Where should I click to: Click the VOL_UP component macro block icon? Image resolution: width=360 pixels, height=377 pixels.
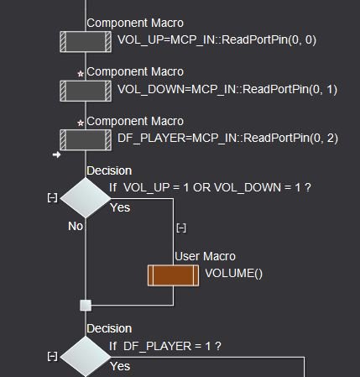85,40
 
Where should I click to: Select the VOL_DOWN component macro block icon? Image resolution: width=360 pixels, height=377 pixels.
85,89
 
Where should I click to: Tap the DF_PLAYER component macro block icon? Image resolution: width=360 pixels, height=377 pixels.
85,137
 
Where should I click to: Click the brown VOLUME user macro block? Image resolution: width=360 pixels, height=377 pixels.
174,274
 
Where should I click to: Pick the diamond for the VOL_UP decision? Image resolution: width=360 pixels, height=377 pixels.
85,197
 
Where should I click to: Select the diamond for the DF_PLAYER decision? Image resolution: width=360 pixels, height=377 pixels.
85,356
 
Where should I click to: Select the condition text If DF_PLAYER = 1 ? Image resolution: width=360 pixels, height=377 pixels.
164,345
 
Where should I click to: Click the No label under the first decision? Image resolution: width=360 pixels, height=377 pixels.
76,226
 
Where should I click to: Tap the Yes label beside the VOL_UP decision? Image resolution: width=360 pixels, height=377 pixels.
121,207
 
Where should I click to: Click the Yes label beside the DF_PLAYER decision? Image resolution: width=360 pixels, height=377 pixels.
121,366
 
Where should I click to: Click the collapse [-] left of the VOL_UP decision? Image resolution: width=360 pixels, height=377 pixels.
52,197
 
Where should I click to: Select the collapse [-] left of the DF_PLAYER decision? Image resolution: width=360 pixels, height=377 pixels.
52,356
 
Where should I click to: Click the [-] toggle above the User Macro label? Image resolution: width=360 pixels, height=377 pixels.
180,228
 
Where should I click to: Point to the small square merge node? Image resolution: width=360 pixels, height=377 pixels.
85,306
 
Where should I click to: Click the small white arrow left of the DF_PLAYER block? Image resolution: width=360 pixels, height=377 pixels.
56,154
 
